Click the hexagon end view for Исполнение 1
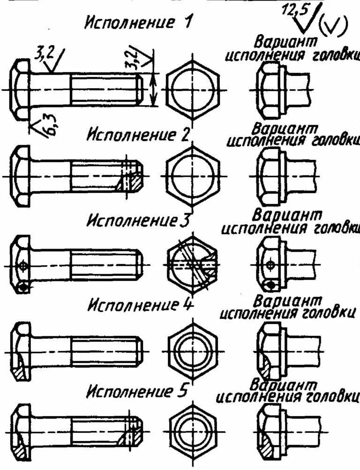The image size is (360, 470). pos(193,89)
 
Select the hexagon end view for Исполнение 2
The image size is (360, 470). pos(193,175)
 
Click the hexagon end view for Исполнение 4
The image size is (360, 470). pos(193,349)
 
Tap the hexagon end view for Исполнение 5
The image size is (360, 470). pos(193,431)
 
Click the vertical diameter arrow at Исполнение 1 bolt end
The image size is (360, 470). pos(153,89)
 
